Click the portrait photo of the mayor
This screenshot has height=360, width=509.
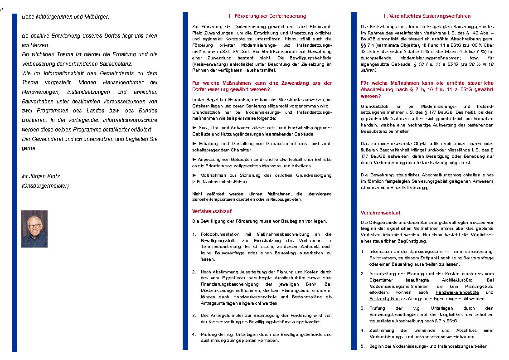34,229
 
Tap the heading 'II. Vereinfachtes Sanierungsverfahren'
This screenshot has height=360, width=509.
427,16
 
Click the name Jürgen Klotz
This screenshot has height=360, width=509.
44,176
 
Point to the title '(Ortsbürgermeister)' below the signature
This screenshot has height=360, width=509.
45,185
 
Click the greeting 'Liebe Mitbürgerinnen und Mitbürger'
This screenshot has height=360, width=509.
65,17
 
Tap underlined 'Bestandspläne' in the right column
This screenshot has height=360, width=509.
384,299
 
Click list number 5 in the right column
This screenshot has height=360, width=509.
363,346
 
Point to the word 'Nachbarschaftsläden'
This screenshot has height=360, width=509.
227,181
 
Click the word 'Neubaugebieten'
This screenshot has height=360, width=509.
286,199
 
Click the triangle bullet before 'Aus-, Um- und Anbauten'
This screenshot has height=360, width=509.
194,128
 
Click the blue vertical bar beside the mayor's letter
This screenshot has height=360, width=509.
15,181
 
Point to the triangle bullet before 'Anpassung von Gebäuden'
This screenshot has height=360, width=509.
194,160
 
